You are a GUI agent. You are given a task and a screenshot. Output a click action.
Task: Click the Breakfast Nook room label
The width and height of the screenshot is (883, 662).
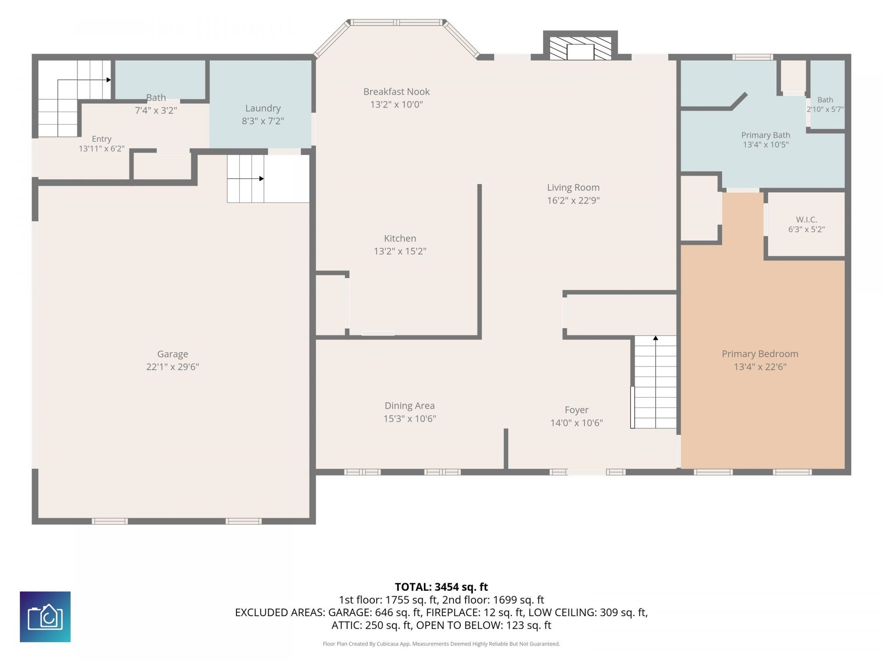(396, 91)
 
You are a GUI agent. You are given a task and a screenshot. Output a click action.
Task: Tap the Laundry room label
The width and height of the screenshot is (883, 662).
(263, 108)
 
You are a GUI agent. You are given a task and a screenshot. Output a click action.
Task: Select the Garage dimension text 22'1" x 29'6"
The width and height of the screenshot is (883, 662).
(172, 366)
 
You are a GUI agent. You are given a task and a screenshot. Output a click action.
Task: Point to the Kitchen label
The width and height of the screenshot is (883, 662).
(400, 238)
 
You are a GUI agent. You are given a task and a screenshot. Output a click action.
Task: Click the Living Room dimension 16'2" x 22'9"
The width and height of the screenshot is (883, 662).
(573, 200)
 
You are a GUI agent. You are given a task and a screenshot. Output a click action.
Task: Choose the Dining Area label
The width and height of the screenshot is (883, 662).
(409, 405)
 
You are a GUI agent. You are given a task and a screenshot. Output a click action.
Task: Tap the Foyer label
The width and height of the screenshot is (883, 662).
(576, 410)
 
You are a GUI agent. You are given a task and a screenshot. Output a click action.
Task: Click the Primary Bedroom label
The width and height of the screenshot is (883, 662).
(760, 354)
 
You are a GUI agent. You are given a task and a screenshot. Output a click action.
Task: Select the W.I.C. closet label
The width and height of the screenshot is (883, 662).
(806, 219)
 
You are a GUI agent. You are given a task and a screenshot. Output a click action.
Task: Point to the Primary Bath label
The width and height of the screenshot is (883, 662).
(766, 135)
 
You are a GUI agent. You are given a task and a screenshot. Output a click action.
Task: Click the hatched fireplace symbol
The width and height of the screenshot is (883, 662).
(580, 48)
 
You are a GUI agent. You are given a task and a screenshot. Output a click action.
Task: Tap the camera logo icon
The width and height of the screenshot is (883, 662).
(45, 616)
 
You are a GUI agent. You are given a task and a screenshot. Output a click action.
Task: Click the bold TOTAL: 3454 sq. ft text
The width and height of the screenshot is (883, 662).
(441, 587)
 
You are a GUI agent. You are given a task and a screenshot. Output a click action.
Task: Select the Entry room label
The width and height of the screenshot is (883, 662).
(102, 139)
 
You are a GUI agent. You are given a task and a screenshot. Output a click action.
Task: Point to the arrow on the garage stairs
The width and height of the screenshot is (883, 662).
(246, 178)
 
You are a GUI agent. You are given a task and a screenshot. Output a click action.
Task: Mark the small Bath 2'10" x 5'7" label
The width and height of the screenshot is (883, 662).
(825, 104)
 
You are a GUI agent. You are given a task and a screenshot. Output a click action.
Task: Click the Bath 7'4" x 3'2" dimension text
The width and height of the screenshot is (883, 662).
(156, 110)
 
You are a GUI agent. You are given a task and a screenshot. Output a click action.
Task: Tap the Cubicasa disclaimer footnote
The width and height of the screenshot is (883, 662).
(441, 644)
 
